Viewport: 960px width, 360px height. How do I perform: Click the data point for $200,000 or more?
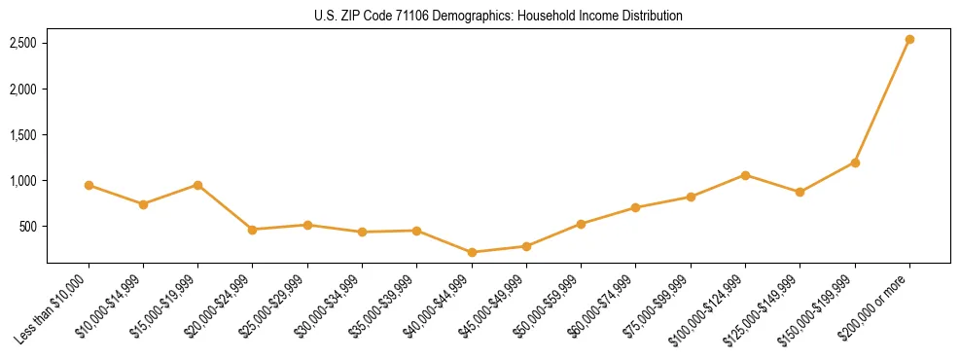(909, 39)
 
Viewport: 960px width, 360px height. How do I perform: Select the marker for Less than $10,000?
(89, 185)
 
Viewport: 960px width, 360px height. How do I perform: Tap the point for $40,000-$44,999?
(472, 252)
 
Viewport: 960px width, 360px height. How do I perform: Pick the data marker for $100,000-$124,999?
(745, 175)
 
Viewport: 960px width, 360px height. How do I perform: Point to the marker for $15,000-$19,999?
(197, 185)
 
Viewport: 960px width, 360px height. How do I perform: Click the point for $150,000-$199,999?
(855, 162)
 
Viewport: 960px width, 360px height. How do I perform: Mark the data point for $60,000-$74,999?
(635, 207)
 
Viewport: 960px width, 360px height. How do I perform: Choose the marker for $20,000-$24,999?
(253, 230)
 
